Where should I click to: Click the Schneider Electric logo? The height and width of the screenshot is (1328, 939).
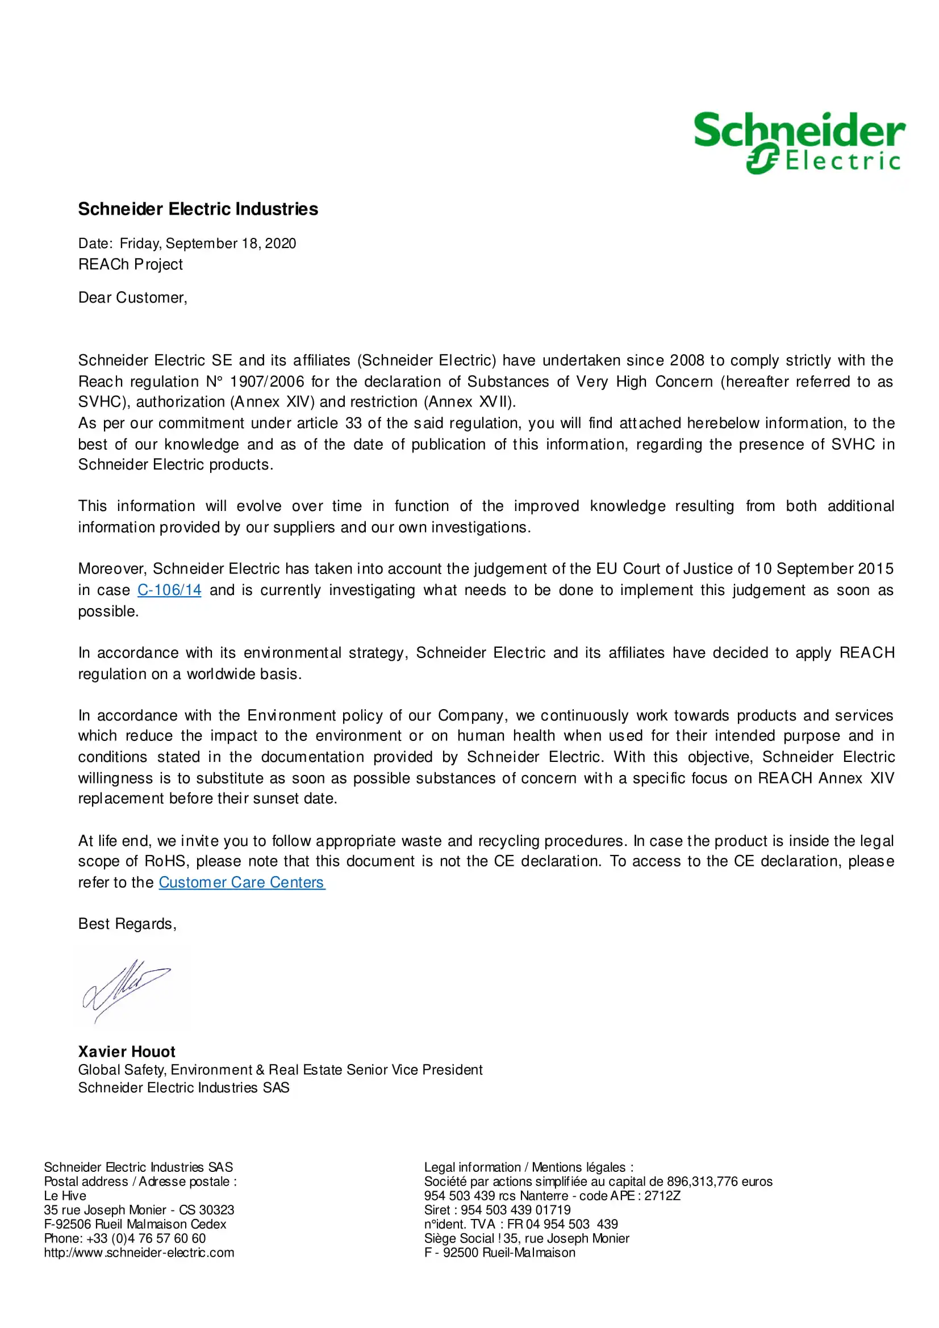(x=799, y=143)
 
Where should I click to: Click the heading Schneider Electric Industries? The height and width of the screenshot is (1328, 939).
(x=198, y=209)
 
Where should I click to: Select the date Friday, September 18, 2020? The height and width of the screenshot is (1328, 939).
(x=208, y=244)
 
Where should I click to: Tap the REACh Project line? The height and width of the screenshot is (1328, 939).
(x=130, y=265)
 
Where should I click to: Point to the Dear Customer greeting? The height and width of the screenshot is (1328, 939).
(x=132, y=298)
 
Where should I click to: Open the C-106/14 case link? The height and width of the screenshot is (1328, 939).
(x=169, y=590)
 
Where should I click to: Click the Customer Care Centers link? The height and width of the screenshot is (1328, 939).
(x=242, y=882)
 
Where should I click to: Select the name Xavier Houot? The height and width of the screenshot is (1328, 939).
(x=127, y=1051)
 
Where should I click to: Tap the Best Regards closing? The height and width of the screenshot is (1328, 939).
(x=127, y=924)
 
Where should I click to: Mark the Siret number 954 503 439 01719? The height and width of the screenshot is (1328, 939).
(x=515, y=1210)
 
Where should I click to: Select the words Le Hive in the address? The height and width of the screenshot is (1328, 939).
(x=65, y=1196)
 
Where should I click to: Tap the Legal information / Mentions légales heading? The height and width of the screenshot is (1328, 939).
(x=528, y=1167)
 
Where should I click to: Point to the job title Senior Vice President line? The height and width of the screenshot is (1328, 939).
(x=280, y=1070)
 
